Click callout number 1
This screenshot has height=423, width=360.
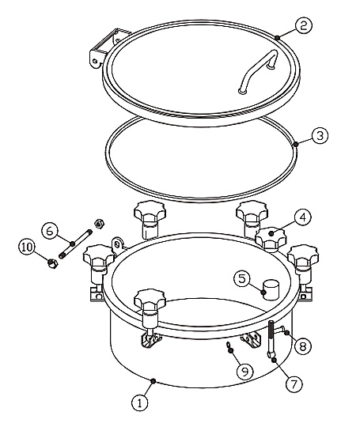click(140, 403)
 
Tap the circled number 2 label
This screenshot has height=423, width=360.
click(304, 25)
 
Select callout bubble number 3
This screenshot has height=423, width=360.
click(320, 135)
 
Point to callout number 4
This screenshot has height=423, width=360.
click(303, 217)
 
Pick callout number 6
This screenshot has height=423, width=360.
click(50, 232)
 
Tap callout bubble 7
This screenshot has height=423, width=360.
click(294, 383)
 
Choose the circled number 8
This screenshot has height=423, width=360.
click(303, 346)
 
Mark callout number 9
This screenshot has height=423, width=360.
click(245, 372)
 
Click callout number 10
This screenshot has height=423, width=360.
click(27, 247)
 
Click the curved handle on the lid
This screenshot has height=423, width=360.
click(258, 71)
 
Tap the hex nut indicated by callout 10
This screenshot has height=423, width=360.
click(52, 263)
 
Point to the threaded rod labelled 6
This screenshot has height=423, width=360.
click(75, 244)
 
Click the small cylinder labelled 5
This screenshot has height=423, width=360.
click(271, 289)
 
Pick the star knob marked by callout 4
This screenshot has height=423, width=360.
click(271, 237)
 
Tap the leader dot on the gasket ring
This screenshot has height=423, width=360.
click(296, 145)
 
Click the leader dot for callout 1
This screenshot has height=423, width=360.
click(153, 380)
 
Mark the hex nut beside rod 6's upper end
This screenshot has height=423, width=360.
click(99, 224)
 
